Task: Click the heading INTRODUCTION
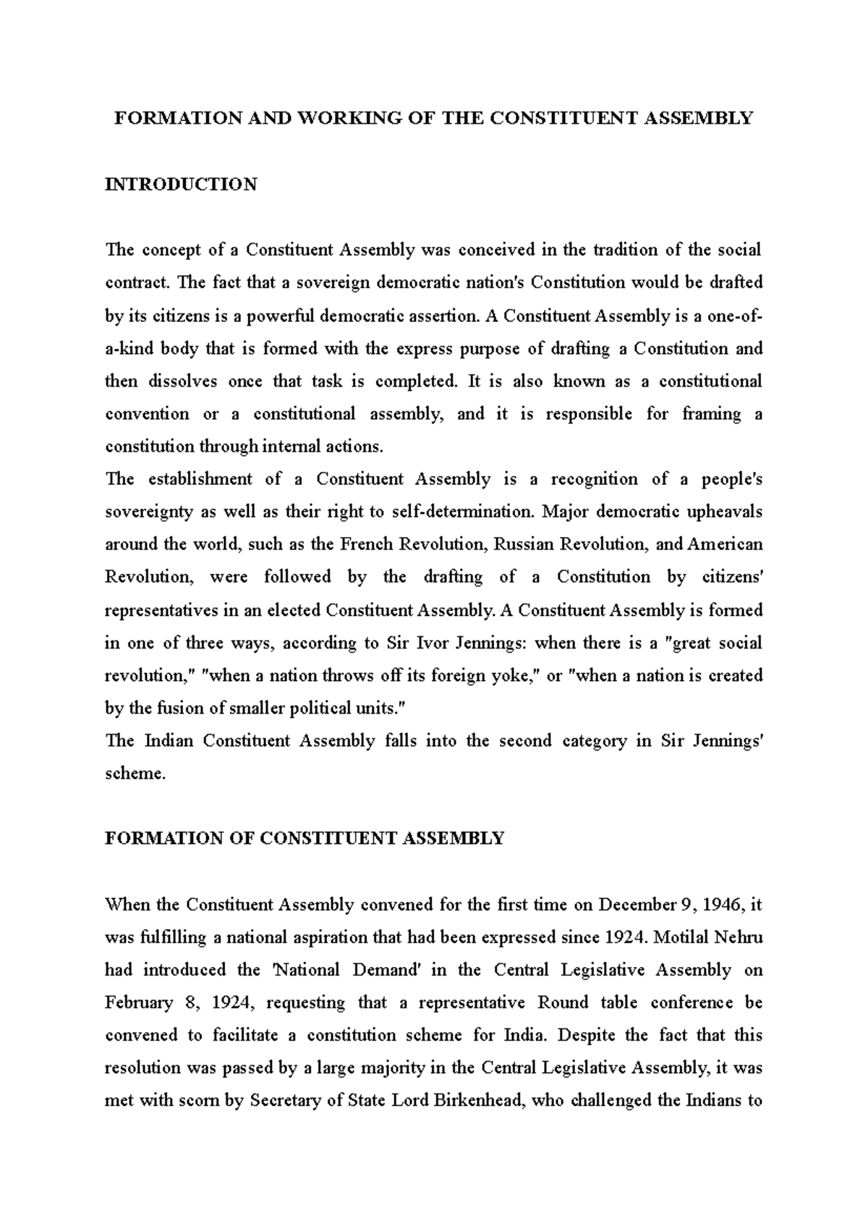181,185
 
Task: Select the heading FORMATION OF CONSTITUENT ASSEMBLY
305,838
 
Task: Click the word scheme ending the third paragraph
135,774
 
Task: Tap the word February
139,1003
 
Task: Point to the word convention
147,414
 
